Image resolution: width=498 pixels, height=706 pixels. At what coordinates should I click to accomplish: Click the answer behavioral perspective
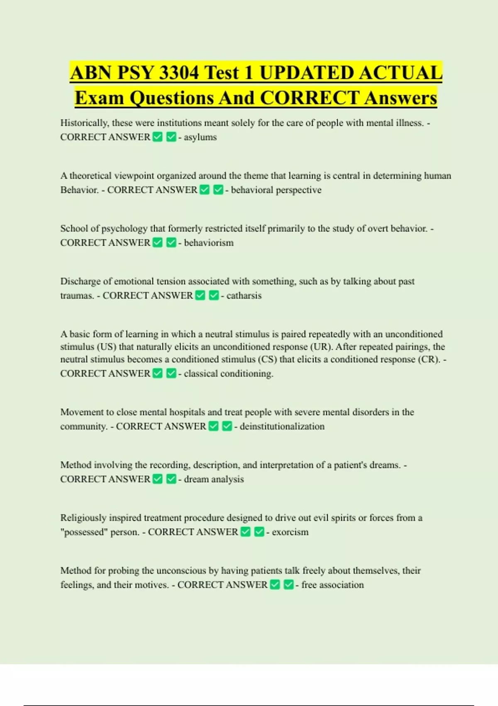click(276, 190)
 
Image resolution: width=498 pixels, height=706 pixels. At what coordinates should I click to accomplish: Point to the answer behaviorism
click(208, 243)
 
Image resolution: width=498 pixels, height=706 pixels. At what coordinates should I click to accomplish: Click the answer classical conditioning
click(228, 373)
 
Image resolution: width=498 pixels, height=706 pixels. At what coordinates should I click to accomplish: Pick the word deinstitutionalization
click(282, 426)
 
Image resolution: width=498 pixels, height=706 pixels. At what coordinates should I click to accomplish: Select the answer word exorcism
click(290, 532)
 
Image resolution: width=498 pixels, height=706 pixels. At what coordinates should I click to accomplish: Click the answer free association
click(332, 585)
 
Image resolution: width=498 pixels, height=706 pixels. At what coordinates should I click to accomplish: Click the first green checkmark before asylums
click(158, 137)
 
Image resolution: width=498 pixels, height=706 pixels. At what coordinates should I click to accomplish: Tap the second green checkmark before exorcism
click(259, 532)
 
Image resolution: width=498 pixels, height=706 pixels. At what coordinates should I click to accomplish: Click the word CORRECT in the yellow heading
click(309, 98)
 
